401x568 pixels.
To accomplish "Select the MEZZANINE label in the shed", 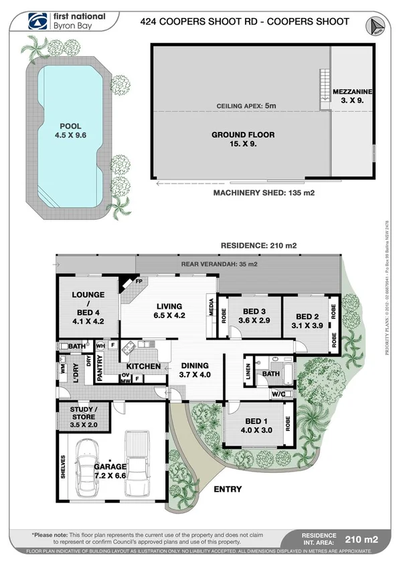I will (x=353, y=94).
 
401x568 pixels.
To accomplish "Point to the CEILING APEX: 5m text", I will (x=242, y=106).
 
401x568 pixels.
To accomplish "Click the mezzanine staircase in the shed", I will (x=325, y=85).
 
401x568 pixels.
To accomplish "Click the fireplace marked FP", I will (x=129, y=284).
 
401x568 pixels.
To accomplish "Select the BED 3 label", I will (x=254, y=315).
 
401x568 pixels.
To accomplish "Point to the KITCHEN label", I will (x=144, y=366).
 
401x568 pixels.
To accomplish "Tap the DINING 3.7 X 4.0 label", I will (x=195, y=370).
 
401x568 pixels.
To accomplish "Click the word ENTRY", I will (x=227, y=490).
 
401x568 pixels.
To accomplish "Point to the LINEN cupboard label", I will (x=248, y=374).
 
